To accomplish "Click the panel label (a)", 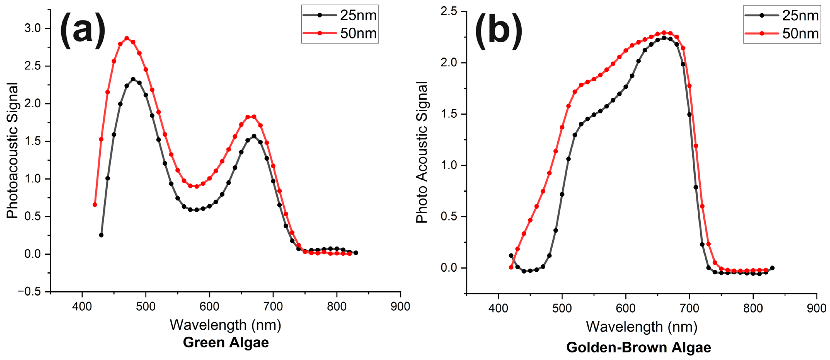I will [x=83, y=31].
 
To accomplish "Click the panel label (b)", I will [x=498, y=31].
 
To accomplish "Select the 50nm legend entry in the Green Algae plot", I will [x=340, y=33].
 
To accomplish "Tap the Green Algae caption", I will [x=226, y=342].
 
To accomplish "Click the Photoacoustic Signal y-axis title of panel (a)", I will [x=12, y=150].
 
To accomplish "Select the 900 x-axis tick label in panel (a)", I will [x=400, y=306].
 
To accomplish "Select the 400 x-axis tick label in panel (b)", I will [x=498, y=308].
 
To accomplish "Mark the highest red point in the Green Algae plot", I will [x=127, y=38].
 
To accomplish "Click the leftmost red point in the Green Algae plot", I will [x=95, y=205].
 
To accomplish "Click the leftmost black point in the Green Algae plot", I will [x=101, y=235].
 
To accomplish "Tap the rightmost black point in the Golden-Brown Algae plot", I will [x=772, y=268].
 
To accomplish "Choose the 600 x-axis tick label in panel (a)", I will [x=209, y=306].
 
